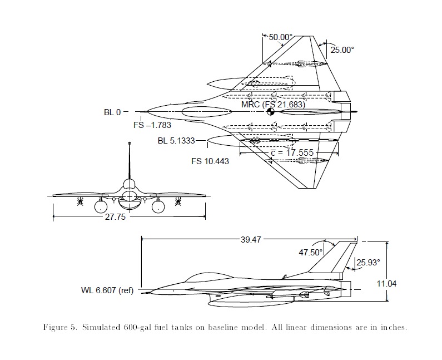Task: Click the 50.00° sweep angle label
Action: click(281, 37)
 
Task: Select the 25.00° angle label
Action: click(342, 50)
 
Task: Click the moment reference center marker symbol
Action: click(271, 112)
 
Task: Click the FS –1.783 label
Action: click(152, 125)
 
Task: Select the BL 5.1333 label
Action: click(176, 141)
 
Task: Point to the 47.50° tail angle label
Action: click(311, 252)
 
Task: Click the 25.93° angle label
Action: click(368, 261)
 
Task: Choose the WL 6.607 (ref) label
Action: click(107, 290)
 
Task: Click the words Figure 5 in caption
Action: click(60, 327)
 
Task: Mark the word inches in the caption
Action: click(391, 327)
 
